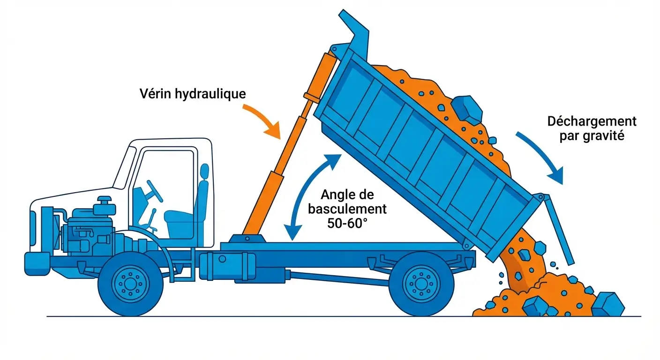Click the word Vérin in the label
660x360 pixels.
pos(155,94)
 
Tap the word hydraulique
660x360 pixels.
pos(210,94)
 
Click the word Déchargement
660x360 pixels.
pos(592,122)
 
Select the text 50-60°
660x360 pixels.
pos(347,223)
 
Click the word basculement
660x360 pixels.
pos(347,209)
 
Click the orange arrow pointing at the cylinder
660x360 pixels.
pos(262,121)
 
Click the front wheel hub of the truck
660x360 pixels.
pos(130,284)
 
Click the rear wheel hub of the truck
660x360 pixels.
pos(421,284)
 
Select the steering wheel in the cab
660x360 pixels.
pos(154,191)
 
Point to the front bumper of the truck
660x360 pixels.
pos(37,264)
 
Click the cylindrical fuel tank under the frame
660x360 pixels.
pos(227,266)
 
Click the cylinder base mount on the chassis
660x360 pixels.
pos(247,239)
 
